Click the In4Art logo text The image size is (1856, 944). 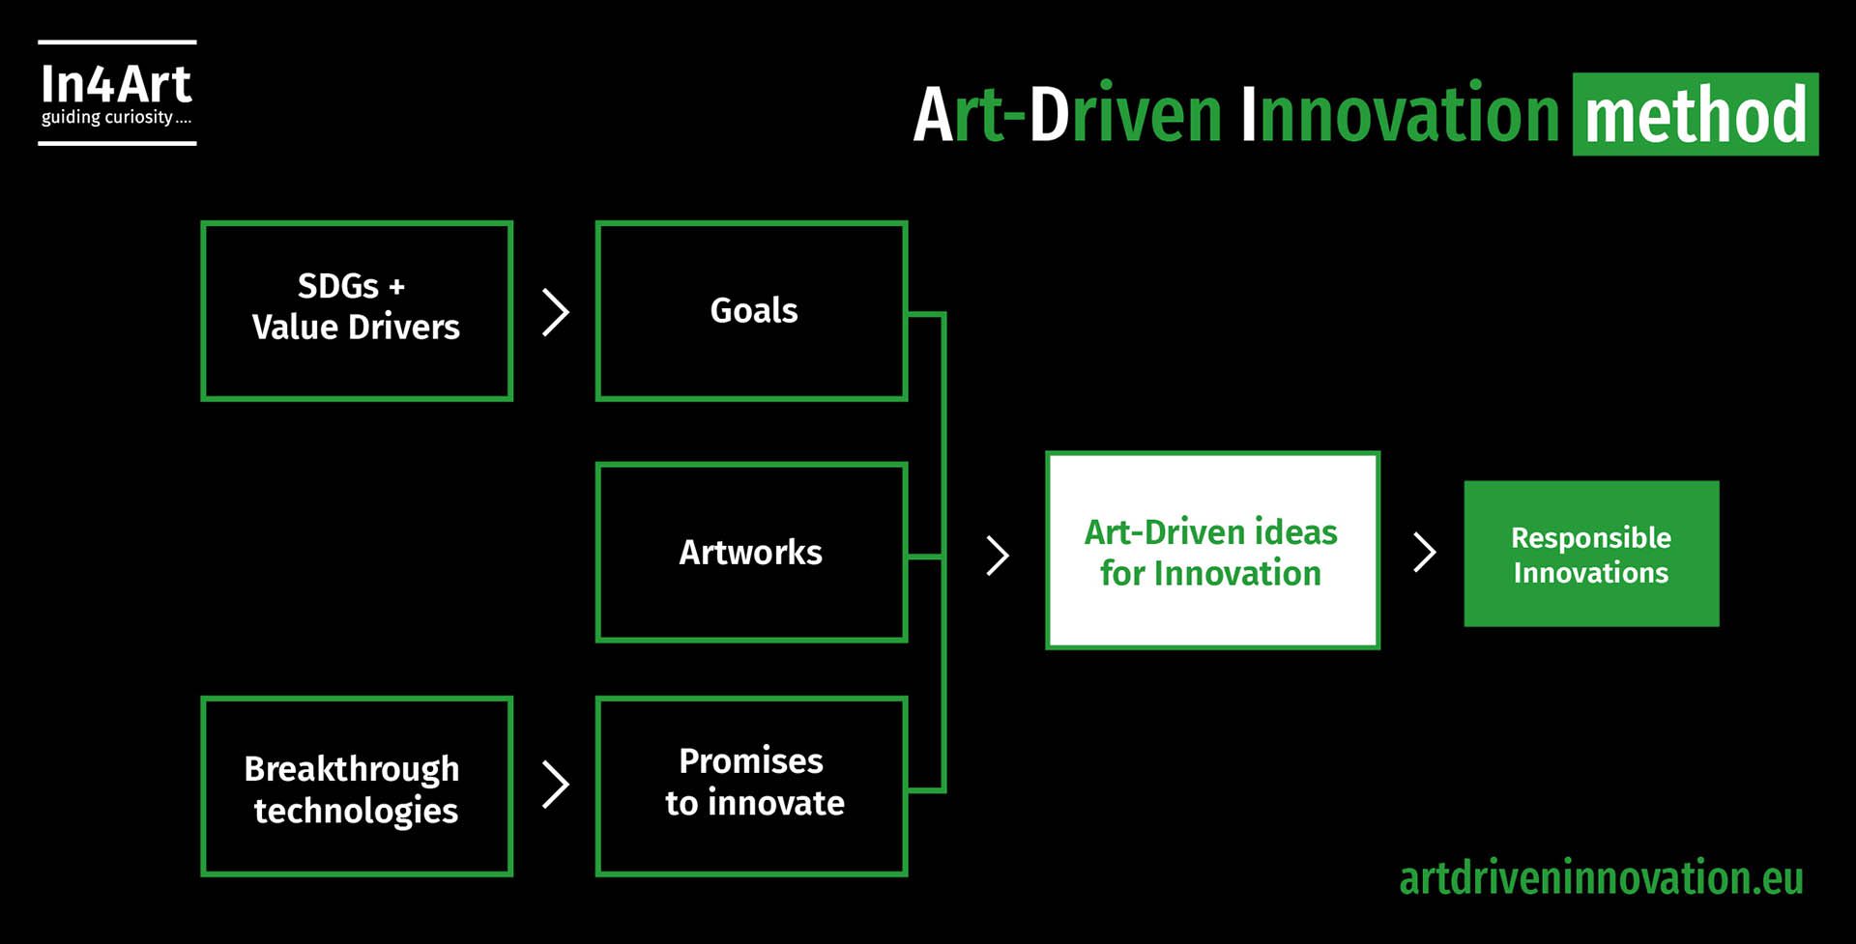[116, 84]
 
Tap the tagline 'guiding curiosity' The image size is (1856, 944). [106, 117]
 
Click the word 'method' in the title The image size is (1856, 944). [1696, 115]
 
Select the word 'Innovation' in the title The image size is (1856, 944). [1400, 114]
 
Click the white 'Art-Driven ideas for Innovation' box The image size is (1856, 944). [1212, 551]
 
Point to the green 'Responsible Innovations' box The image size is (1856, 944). [1591, 554]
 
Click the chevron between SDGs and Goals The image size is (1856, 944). [556, 312]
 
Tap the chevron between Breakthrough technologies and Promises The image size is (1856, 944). [556, 785]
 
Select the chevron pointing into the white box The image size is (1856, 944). [998, 556]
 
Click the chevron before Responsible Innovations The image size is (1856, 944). [1425, 553]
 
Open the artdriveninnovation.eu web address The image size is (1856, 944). [1601, 878]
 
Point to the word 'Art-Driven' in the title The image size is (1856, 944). [1068, 114]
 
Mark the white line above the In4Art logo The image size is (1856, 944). [117, 43]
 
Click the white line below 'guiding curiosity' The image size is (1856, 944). [117, 143]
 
